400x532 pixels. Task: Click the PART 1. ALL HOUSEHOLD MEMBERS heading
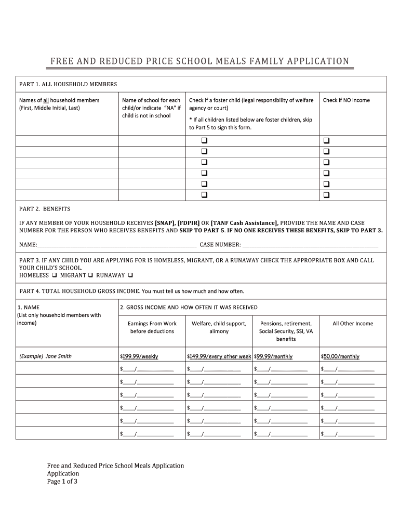[68, 84]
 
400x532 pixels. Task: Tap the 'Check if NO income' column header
[346, 100]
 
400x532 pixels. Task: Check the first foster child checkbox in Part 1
[204, 141]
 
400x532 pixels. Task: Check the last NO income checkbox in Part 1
[327, 195]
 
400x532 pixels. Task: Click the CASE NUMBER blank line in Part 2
[310, 244]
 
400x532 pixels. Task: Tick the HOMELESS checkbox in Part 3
[54, 275]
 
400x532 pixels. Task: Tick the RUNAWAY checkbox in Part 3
[130, 275]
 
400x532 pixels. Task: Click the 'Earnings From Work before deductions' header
[152, 327]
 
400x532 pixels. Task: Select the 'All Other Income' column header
[353, 324]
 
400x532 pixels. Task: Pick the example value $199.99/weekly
[139, 356]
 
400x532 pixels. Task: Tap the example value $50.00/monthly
[340, 356]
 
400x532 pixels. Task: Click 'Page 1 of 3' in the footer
[62, 481]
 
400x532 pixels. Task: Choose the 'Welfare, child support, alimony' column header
[219, 327]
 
